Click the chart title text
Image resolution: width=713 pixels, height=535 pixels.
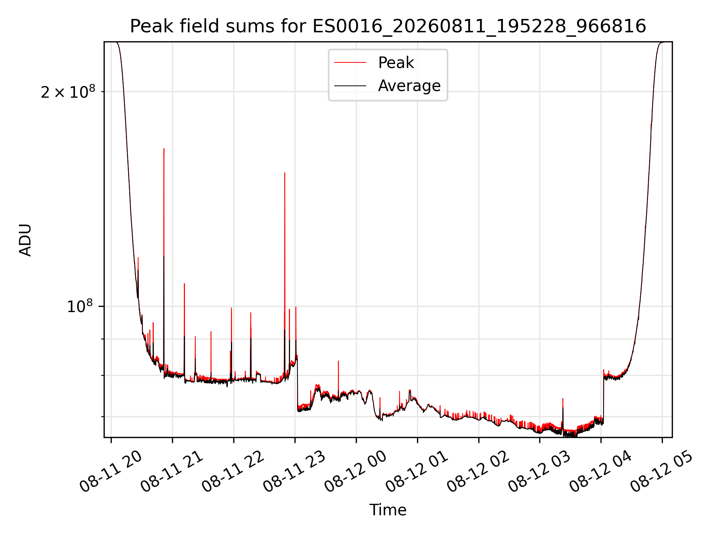[x=388, y=26]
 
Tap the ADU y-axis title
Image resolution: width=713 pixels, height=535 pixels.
[x=25, y=240]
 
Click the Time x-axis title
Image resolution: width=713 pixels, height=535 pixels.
[x=388, y=510]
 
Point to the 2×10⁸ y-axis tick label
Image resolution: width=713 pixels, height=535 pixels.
[x=68, y=92]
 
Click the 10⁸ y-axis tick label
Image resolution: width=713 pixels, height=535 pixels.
[x=80, y=307]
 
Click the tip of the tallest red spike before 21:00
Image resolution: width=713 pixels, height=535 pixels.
[x=164, y=149]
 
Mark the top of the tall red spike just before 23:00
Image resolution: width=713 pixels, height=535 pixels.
[x=285, y=173]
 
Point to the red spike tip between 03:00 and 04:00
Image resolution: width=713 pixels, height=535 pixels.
[x=563, y=399]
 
